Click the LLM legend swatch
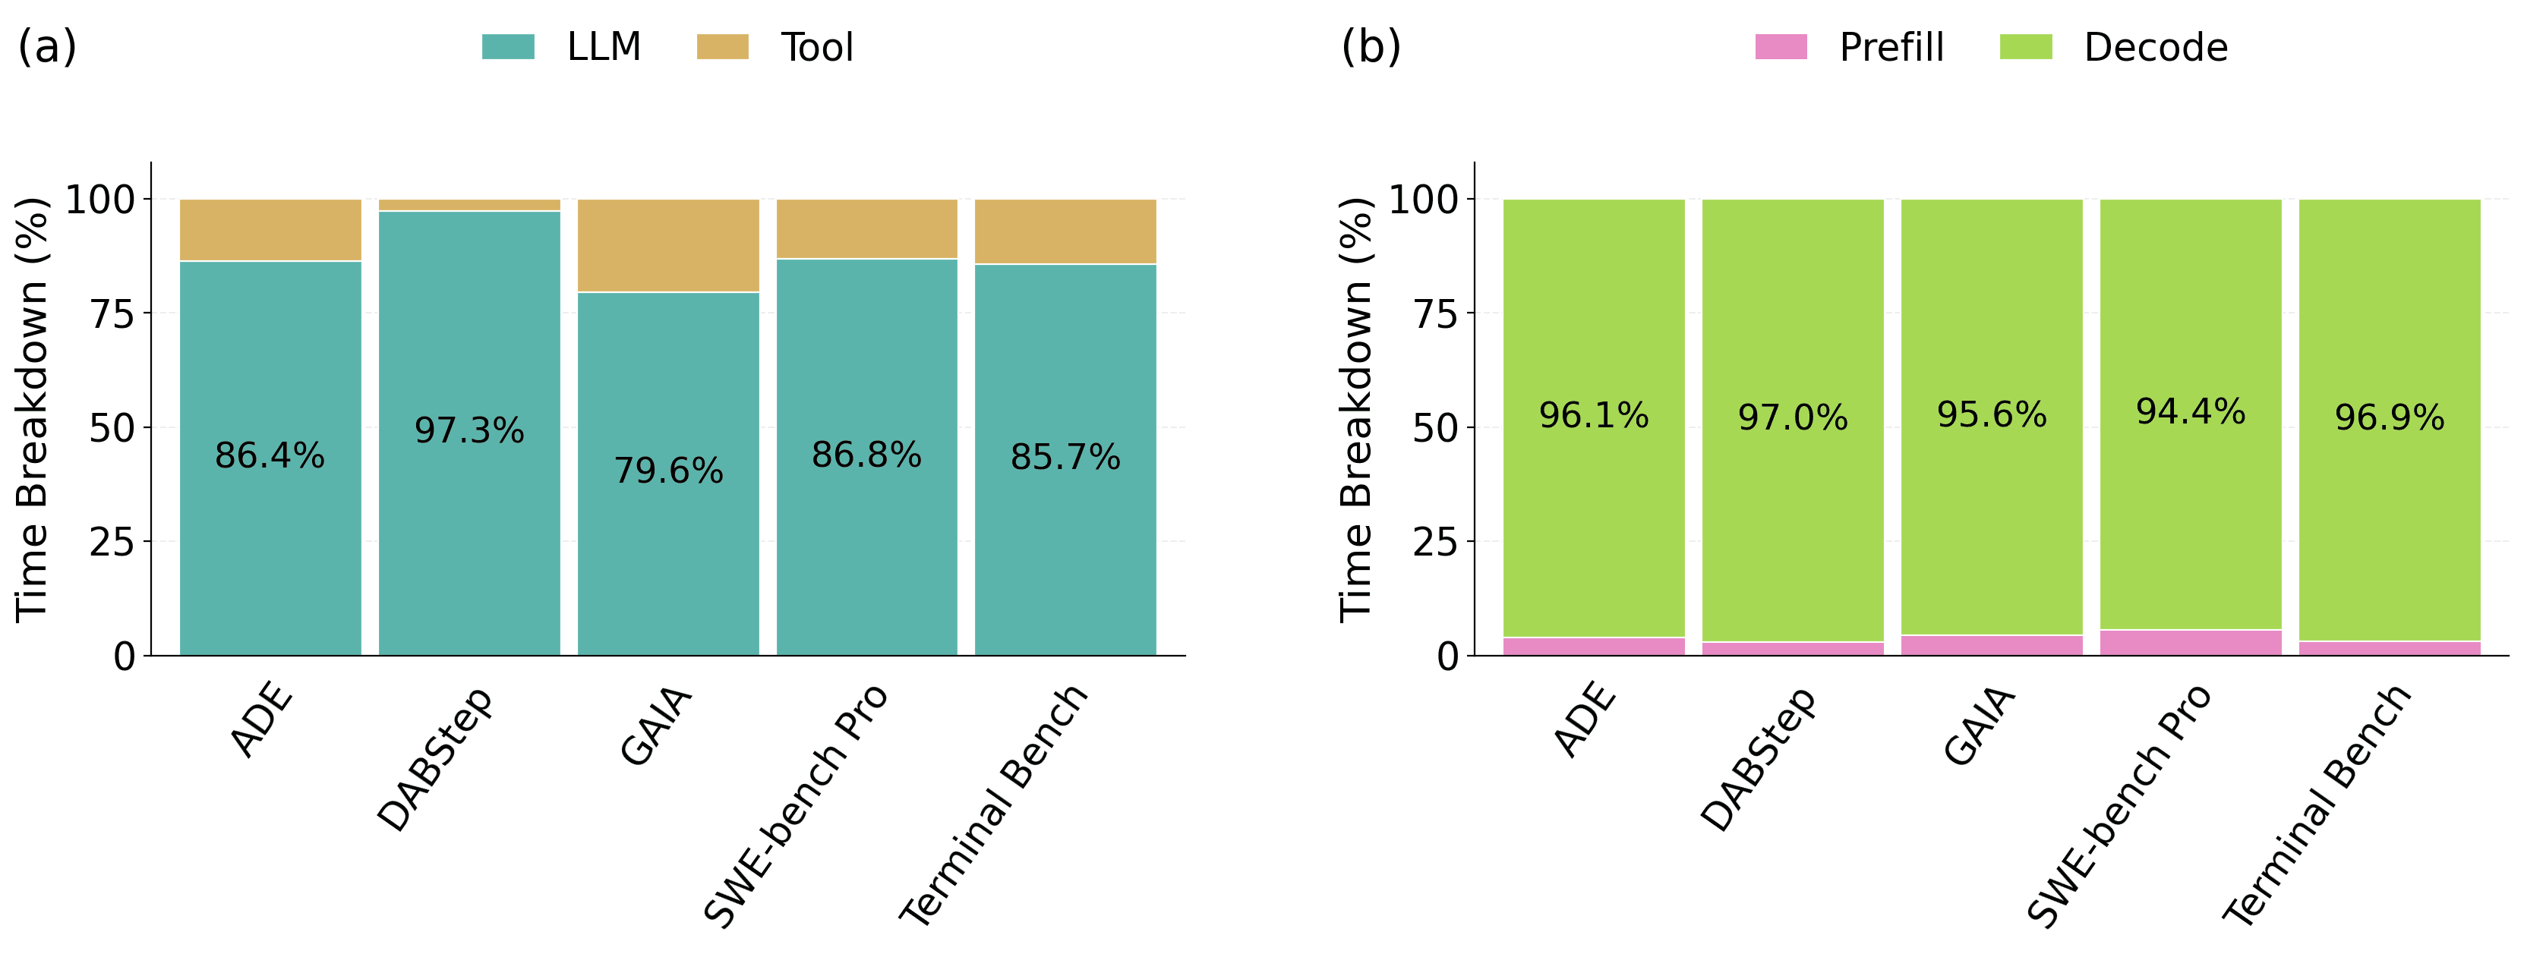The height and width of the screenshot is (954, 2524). click(x=507, y=46)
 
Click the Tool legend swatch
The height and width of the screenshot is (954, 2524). click(x=722, y=46)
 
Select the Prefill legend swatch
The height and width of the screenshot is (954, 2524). click(x=1781, y=46)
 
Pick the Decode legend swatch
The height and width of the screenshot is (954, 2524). click(x=2025, y=46)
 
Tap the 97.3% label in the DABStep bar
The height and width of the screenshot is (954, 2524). click(x=469, y=430)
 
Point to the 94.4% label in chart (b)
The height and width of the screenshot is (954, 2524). click(x=2191, y=411)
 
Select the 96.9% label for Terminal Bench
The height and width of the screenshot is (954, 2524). click(x=2390, y=417)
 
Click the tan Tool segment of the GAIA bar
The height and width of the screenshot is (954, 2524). click(x=668, y=246)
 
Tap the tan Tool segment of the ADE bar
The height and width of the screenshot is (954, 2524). click(x=270, y=230)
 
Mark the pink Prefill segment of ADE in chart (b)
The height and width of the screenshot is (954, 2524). click(x=1594, y=647)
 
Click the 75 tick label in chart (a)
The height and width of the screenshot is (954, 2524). click(x=112, y=313)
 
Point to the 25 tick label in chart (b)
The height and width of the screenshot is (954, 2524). click(x=1435, y=542)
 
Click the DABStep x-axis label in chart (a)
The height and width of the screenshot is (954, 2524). click(x=435, y=759)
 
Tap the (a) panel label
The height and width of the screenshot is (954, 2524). click(x=47, y=46)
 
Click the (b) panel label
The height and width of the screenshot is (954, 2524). click(x=1371, y=46)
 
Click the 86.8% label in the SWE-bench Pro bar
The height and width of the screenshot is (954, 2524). click(x=867, y=455)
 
